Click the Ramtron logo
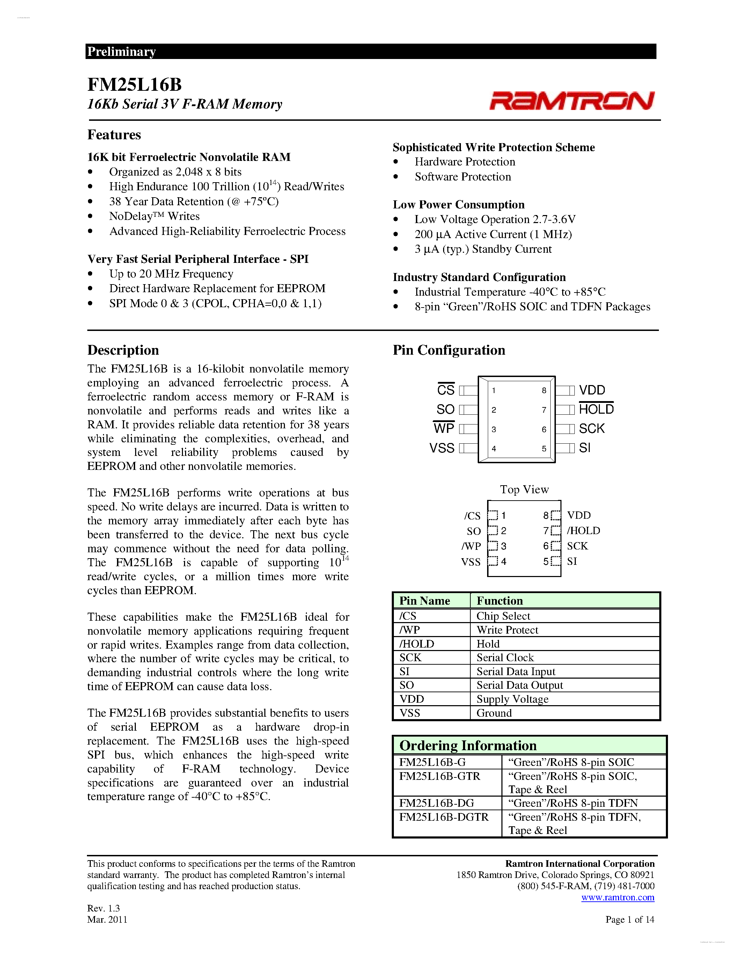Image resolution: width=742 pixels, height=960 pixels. tap(572, 101)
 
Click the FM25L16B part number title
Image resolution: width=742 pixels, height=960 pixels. tap(134, 84)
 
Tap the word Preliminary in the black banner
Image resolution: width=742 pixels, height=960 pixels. tap(121, 51)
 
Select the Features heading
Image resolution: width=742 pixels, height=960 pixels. tap(114, 134)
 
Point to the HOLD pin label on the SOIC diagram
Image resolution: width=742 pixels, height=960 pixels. tap(596, 409)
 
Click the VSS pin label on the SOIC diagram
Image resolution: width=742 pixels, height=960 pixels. tap(442, 448)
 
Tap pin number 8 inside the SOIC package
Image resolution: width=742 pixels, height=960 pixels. tap(544, 390)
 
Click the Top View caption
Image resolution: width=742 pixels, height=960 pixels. tap(524, 489)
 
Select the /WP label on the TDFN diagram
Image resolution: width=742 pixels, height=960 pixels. tap(471, 546)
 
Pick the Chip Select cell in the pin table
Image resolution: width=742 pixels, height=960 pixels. tap(503, 616)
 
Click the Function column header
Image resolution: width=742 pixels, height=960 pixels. tap(500, 600)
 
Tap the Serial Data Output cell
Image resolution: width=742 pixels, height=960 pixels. tap(520, 685)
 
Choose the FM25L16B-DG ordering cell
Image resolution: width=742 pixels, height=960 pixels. tap(436, 803)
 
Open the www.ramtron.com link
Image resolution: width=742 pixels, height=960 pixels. tap(618, 898)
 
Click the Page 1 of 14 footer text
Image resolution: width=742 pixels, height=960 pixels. tap(630, 919)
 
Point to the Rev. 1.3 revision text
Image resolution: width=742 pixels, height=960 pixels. tap(103, 908)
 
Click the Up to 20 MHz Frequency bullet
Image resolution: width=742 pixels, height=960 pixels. tap(171, 274)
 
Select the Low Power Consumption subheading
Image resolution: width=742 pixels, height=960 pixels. tap(458, 205)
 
